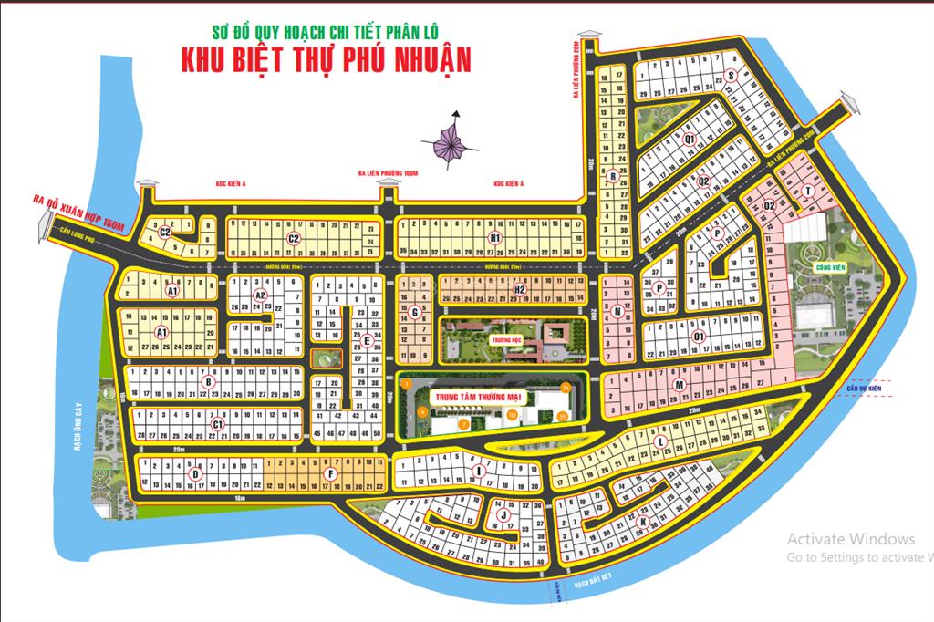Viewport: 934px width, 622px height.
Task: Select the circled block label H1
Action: point(494,237)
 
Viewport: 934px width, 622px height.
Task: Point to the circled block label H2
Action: point(519,290)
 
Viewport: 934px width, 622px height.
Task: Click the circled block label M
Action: point(679,386)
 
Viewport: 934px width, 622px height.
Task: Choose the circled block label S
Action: point(730,76)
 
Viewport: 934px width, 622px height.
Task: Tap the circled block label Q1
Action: point(690,139)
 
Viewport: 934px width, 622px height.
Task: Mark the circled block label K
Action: point(643,522)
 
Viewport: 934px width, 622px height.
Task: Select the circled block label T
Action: point(808,191)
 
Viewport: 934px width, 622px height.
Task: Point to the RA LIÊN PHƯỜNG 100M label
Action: point(389,173)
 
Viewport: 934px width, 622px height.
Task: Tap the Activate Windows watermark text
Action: point(850,539)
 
